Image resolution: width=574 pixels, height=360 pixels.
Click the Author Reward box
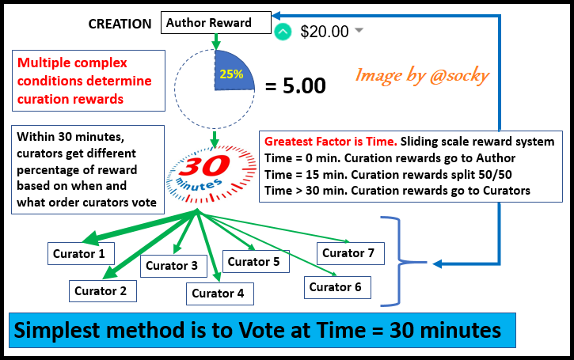pyautogui.click(x=216, y=23)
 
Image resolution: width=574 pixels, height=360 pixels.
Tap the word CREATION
pyautogui.click(x=120, y=25)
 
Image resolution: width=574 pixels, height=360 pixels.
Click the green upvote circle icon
pyautogui.click(x=283, y=32)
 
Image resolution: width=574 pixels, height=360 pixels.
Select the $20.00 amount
pyautogui.click(x=325, y=32)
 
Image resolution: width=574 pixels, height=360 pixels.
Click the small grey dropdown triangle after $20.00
pyautogui.click(x=359, y=30)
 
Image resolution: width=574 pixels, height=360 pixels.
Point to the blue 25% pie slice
pyautogui.click(x=231, y=72)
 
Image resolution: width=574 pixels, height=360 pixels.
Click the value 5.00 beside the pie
pyautogui.click(x=304, y=85)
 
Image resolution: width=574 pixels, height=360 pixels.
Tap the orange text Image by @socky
pyautogui.click(x=422, y=76)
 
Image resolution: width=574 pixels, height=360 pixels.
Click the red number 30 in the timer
pyautogui.click(x=205, y=166)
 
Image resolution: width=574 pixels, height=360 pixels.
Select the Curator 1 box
pyautogui.click(x=81, y=253)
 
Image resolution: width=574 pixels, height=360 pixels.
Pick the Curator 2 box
pyautogui.click(x=103, y=291)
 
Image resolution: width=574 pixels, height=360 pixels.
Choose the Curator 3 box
pyautogui.click(x=173, y=266)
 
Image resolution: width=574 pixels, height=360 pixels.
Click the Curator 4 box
pyautogui.click(x=220, y=294)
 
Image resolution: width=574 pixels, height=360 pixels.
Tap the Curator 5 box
pyautogui.click(x=256, y=262)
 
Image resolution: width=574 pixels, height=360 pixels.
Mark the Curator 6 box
pyautogui.click(x=337, y=287)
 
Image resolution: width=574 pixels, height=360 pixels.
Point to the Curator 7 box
pyautogui.click(x=351, y=253)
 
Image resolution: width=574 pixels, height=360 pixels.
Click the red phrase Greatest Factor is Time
pyautogui.click(x=331, y=142)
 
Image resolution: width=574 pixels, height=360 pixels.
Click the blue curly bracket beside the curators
pyautogui.click(x=400, y=262)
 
